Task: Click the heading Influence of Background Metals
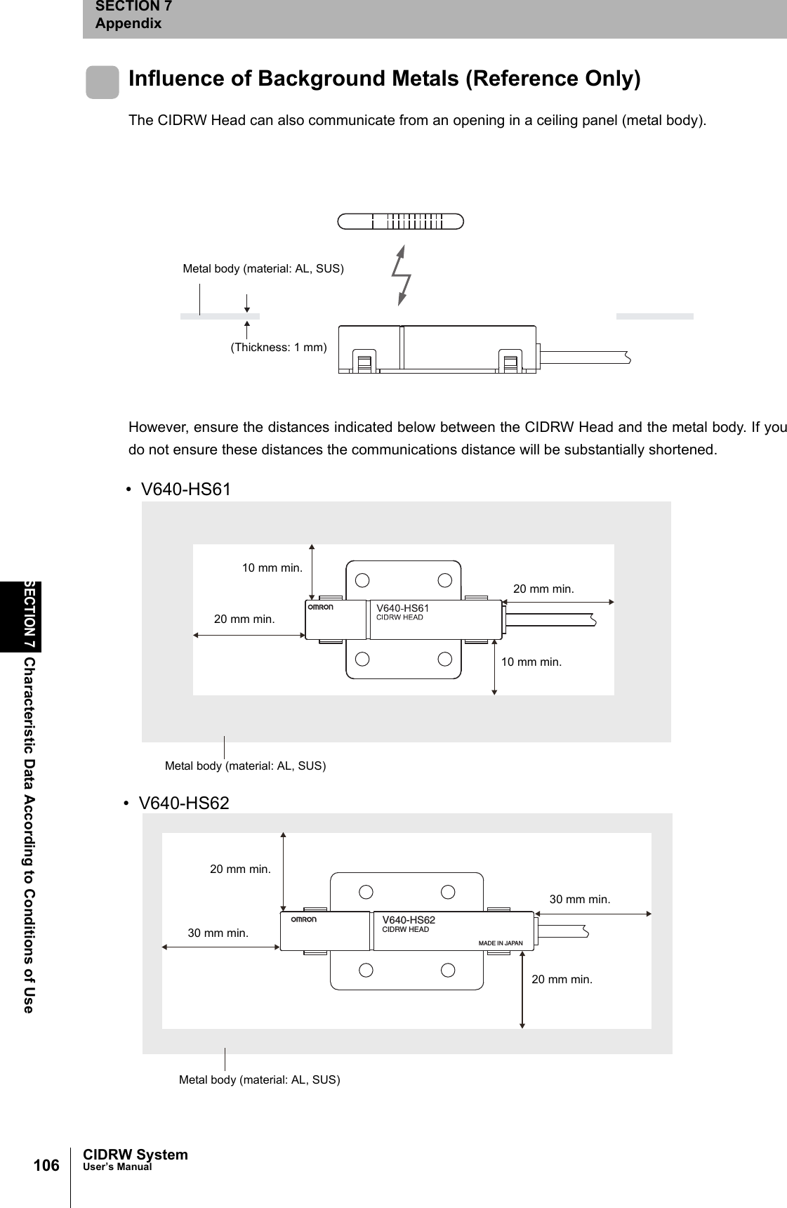[384, 78]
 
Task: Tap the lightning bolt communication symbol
[402, 275]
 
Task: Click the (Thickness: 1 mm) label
[279, 347]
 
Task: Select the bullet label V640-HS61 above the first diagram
[185, 489]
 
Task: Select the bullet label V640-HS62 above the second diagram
[184, 803]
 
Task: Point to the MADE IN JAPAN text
[500, 943]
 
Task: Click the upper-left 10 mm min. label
[272, 567]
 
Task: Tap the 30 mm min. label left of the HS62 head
[218, 933]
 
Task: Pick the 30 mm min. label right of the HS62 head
[579, 899]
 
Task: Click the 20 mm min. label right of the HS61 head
[543, 589]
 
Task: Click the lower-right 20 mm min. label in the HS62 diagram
[562, 978]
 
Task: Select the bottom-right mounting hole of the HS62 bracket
[449, 971]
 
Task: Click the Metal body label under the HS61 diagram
[245, 766]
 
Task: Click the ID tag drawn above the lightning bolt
[400, 221]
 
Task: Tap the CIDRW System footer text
[135, 1155]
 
